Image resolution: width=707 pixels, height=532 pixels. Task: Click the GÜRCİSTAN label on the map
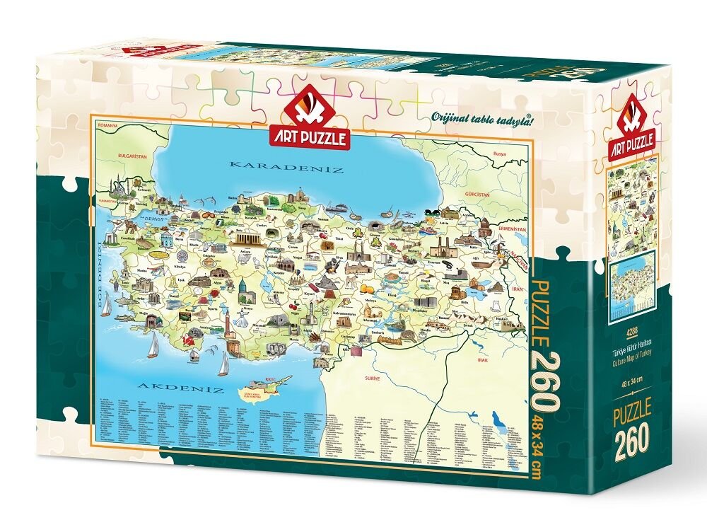click(473, 193)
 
